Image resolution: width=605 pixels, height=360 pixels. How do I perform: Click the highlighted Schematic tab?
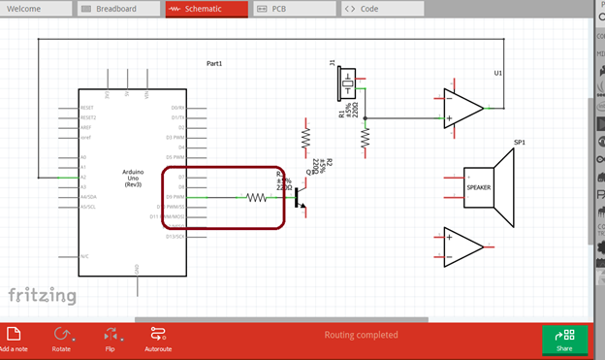coord(204,9)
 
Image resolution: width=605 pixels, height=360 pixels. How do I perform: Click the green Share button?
coord(563,340)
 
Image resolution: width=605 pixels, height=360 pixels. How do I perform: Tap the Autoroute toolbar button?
coord(158,339)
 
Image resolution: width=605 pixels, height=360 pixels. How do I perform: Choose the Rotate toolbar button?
coord(62,339)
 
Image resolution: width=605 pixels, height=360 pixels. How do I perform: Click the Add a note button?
coord(14,339)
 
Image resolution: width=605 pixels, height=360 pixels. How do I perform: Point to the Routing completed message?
coord(361,335)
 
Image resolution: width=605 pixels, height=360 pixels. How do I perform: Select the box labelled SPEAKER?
coord(479,187)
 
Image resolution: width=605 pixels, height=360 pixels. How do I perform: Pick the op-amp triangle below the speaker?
coord(462,245)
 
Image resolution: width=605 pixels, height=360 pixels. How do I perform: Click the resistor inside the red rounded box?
coord(256,197)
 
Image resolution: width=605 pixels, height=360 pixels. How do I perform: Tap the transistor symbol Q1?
coord(300,197)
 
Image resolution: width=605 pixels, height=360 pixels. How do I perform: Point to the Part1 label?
coord(214,63)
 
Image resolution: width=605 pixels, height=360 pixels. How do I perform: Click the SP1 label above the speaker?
coord(520,143)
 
